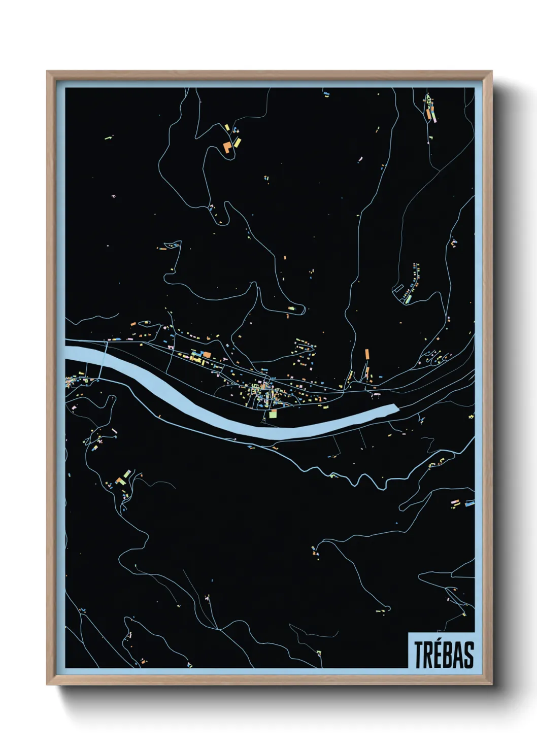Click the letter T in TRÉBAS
tap(420, 655)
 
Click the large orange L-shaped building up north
tap(226, 147)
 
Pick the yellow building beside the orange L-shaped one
tap(236, 142)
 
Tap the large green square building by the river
tap(273, 415)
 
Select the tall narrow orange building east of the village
tap(366, 354)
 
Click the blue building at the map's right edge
tap(469, 504)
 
